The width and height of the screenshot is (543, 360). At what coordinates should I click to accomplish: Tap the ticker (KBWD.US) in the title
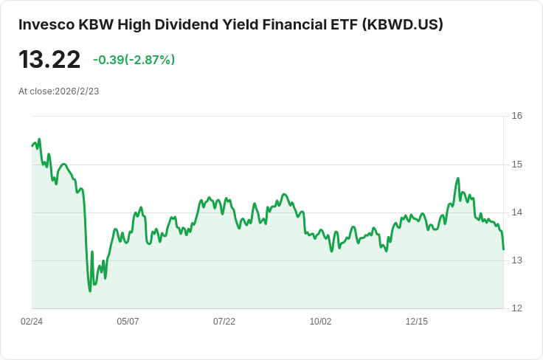pyautogui.click(x=403, y=24)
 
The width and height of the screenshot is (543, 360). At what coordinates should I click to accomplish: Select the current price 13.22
pyautogui.click(x=49, y=59)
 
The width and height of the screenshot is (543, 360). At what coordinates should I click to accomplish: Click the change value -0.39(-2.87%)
pyautogui.click(x=134, y=60)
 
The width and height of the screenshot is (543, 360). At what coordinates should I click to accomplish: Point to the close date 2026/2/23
pyautogui.click(x=77, y=91)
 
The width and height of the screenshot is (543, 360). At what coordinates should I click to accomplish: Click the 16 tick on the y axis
pyautogui.click(x=516, y=116)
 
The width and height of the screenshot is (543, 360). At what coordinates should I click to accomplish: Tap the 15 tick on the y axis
pyautogui.click(x=516, y=164)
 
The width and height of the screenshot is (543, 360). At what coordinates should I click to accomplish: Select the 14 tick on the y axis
pyautogui.click(x=516, y=212)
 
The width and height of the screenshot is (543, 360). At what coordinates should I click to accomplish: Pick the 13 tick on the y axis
pyautogui.click(x=516, y=260)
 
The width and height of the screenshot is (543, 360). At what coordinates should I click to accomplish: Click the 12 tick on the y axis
pyautogui.click(x=516, y=308)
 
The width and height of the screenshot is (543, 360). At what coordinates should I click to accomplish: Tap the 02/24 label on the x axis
pyautogui.click(x=32, y=322)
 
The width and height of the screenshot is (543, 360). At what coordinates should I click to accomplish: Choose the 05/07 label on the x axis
pyautogui.click(x=128, y=322)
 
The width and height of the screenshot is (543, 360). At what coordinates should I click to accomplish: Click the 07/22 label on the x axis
pyautogui.click(x=224, y=322)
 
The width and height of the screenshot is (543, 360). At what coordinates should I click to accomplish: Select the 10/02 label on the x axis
pyautogui.click(x=320, y=322)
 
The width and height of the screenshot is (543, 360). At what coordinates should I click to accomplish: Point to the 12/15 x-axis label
pyautogui.click(x=417, y=322)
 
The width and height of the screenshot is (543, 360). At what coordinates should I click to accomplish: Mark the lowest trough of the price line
pyautogui.click(x=90, y=291)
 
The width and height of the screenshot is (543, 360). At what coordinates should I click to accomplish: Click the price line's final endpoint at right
pyautogui.click(x=503, y=249)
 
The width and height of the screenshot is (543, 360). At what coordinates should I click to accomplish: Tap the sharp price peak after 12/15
pyautogui.click(x=458, y=179)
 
